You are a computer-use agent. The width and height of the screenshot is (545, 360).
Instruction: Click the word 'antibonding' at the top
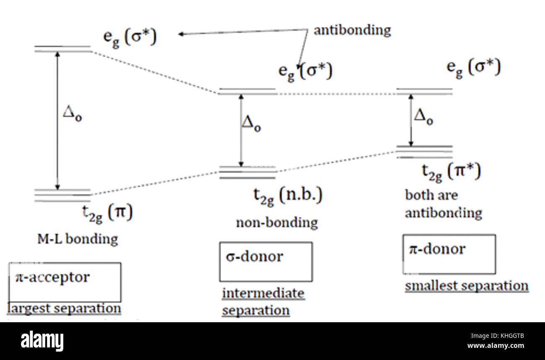point(352,30)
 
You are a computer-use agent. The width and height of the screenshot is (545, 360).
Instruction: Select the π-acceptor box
point(65,282)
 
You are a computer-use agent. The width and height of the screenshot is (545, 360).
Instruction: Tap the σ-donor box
point(265,261)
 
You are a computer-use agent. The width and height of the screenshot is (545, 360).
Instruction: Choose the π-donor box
point(449,254)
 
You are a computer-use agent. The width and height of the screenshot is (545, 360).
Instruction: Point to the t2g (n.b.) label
point(287,196)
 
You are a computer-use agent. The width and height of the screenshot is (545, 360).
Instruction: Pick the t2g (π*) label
point(451,172)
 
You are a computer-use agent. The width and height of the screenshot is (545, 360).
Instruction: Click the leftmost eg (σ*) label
point(130,38)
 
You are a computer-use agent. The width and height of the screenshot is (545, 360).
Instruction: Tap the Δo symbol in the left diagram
point(72,114)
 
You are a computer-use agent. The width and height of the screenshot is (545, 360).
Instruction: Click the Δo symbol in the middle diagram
point(251,124)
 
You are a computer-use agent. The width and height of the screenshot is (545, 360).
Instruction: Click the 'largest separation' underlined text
point(64,308)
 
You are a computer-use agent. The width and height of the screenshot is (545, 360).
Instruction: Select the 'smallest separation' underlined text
point(466,286)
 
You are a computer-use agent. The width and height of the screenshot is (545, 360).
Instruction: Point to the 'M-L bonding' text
point(77,239)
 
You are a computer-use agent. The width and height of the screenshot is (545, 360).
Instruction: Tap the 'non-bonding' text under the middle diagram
point(277,222)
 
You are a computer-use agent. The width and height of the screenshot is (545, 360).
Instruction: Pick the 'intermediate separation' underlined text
point(263,302)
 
